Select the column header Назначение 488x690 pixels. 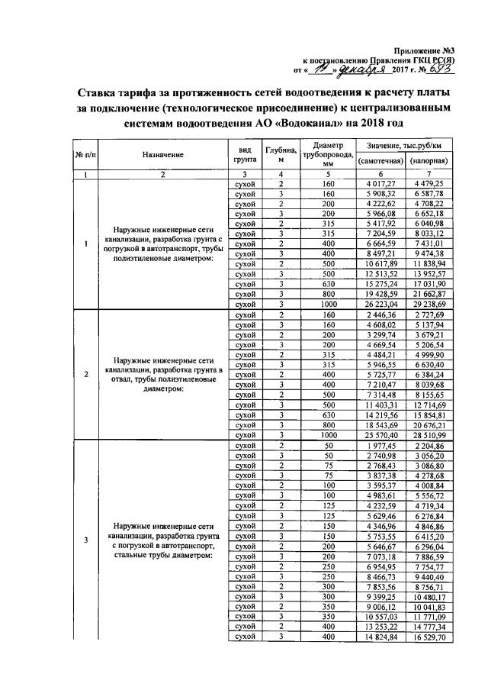(x=162, y=155)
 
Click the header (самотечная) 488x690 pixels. (x=380, y=161)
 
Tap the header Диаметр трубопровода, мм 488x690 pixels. (x=329, y=153)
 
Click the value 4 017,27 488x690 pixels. (x=380, y=184)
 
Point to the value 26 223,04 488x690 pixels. (x=380, y=302)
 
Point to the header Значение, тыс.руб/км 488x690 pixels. (x=404, y=145)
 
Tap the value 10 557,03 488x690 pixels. (x=380, y=614)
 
